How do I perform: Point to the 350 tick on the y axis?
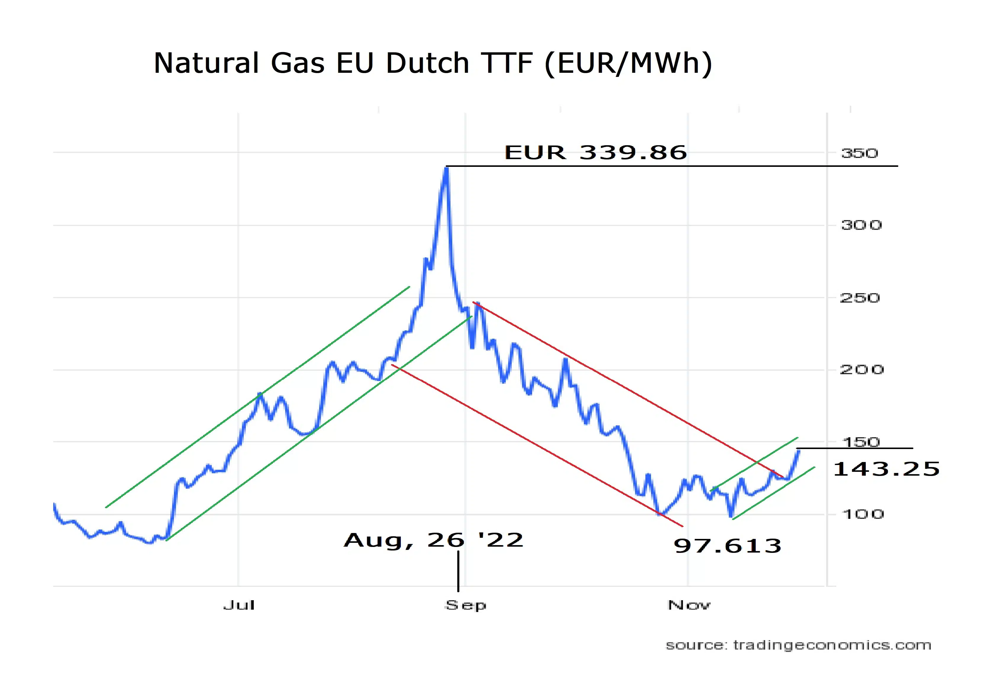[x=859, y=153]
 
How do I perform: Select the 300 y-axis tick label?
[x=861, y=225]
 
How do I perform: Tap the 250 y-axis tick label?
[x=860, y=298]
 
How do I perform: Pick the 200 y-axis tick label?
[x=861, y=370]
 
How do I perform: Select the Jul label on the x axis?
[x=239, y=605]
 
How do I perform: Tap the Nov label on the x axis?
[x=689, y=605]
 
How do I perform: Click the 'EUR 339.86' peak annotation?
[x=595, y=152]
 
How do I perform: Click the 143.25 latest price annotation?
[x=886, y=469]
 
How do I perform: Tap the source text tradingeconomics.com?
[x=798, y=645]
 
